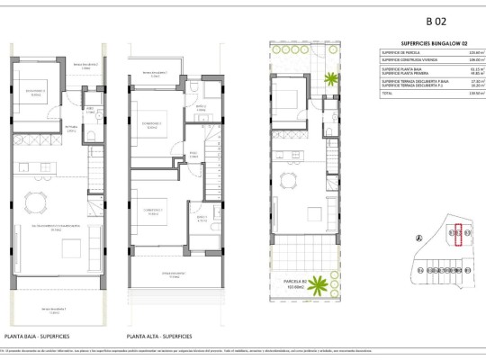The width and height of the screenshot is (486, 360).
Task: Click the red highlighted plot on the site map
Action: (x=458, y=236)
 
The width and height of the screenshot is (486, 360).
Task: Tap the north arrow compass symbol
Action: (x=418, y=238)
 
